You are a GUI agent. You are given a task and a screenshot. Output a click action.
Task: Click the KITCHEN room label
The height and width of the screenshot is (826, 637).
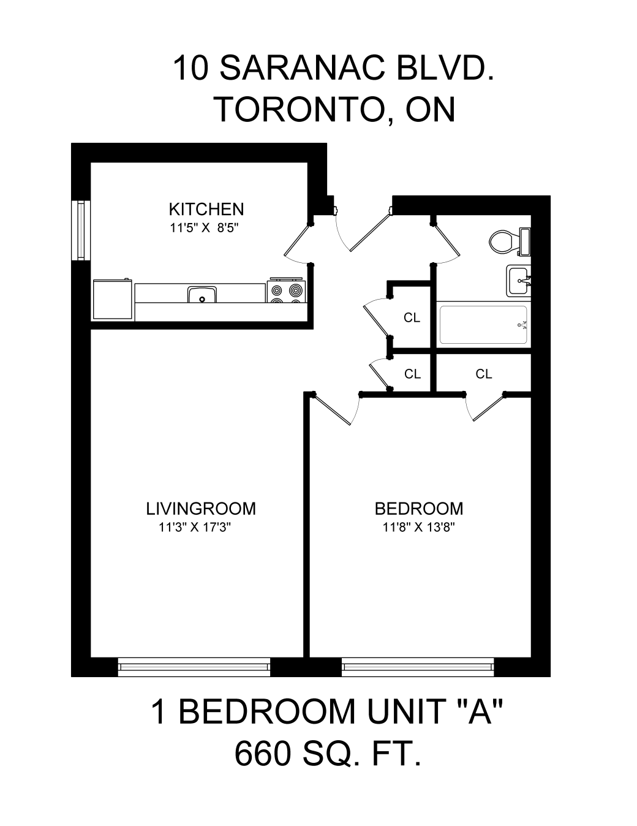[206, 209]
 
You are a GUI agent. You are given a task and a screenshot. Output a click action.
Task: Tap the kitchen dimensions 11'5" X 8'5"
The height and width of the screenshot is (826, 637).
[203, 228]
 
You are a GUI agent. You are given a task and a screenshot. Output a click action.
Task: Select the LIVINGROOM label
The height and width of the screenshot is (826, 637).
[201, 509]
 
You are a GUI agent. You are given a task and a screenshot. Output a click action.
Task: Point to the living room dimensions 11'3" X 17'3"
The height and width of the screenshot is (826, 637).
[195, 528]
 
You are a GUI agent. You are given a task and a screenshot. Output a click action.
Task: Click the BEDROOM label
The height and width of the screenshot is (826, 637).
[419, 509]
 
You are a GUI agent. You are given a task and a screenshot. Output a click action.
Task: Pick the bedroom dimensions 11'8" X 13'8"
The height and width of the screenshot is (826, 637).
[419, 528]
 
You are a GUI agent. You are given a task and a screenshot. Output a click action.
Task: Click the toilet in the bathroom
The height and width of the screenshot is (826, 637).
[510, 242]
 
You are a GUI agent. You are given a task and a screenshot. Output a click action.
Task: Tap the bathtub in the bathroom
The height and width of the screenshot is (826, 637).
[483, 325]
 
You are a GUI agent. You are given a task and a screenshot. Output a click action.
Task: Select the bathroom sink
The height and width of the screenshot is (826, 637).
[519, 281]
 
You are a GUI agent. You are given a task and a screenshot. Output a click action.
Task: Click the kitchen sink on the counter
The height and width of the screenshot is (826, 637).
[202, 294]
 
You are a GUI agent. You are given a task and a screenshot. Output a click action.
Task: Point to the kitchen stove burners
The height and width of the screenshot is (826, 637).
[287, 292]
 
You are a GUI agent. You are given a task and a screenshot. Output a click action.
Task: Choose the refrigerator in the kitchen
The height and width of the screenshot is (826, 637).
[113, 300]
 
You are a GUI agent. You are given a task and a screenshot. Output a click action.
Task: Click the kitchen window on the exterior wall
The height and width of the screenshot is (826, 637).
[81, 230]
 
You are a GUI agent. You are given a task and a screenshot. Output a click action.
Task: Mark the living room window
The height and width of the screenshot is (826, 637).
[194, 668]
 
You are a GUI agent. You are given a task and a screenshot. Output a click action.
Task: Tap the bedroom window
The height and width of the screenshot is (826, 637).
[418, 668]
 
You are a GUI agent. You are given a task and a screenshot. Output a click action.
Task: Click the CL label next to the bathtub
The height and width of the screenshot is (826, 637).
[412, 317]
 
